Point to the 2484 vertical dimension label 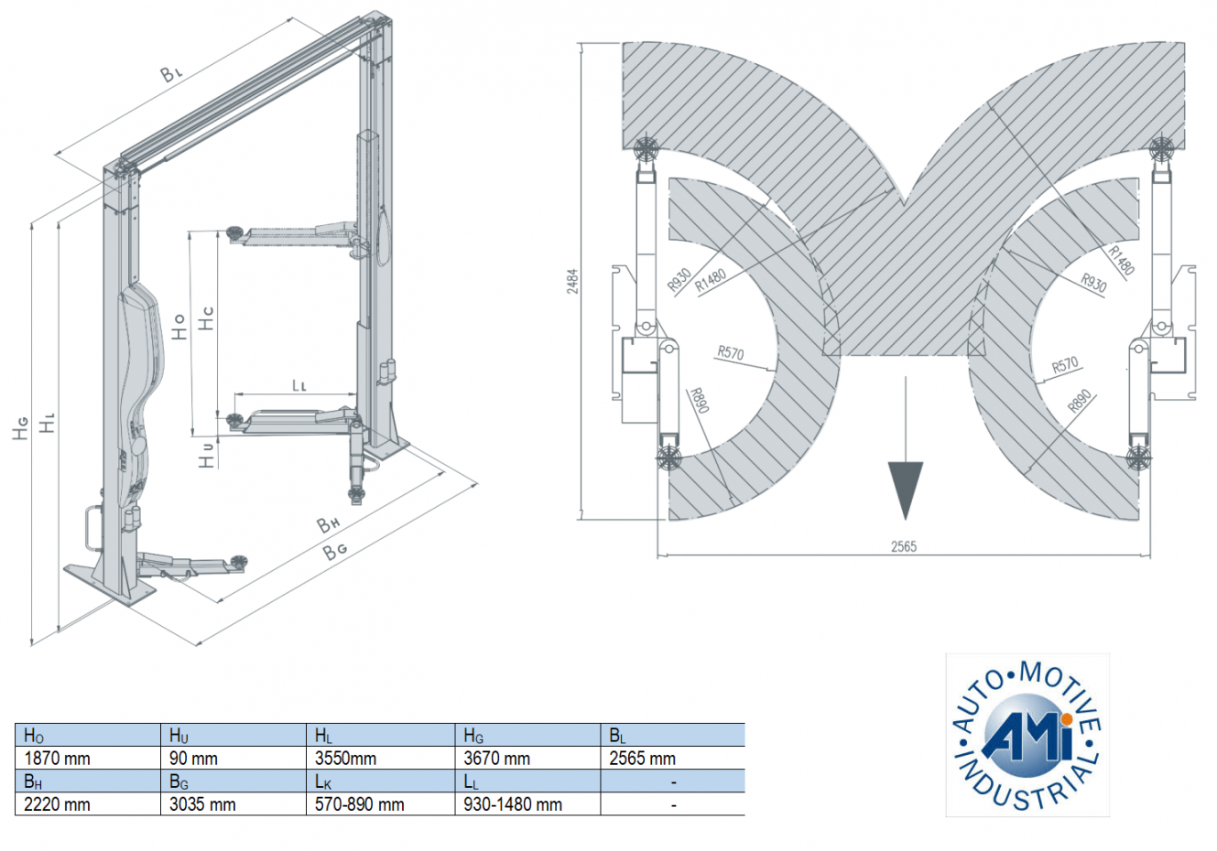tap(572, 280)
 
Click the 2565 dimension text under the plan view tap(903, 546)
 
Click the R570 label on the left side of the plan tap(730, 353)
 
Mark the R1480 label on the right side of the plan tap(1121, 260)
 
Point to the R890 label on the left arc tap(700, 401)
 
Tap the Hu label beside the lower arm tap(207, 454)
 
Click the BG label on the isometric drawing tap(335, 550)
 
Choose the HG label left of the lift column tap(20, 427)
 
